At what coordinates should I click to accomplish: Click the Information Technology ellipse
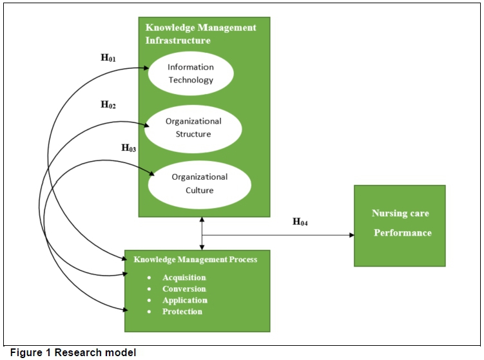[190, 73]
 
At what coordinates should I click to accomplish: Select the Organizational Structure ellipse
[193, 128]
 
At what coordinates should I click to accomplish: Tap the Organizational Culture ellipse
[199, 184]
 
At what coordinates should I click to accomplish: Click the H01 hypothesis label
[108, 58]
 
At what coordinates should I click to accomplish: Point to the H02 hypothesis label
[108, 104]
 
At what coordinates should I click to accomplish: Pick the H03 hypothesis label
[129, 148]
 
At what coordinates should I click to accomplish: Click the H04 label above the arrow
[300, 222]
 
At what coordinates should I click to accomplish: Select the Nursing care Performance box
[400, 225]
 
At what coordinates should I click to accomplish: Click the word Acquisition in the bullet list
[184, 278]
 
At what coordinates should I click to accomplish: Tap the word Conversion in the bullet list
[184, 289]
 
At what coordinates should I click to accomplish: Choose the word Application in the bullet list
[185, 300]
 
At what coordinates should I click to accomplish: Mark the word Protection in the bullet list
[182, 312]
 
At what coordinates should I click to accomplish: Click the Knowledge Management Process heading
[195, 260]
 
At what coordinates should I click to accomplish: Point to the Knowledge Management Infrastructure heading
[200, 34]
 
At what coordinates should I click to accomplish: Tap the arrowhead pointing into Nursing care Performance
[351, 235]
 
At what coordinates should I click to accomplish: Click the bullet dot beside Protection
[149, 312]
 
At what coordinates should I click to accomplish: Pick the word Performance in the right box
[403, 233]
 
